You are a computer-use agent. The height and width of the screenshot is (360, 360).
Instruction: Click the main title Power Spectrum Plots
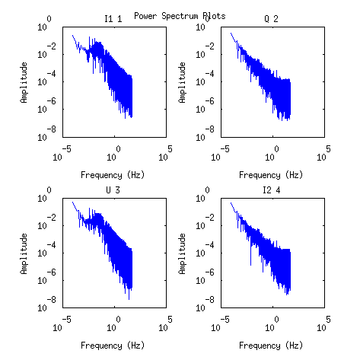pos(180,16)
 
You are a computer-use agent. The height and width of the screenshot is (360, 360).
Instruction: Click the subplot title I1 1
pos(113,19)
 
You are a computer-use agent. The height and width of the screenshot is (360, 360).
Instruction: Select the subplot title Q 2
pos(271,19)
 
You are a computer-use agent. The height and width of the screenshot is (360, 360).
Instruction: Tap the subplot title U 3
pos(113,190)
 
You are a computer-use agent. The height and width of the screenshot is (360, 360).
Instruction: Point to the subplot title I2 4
pos(271,190)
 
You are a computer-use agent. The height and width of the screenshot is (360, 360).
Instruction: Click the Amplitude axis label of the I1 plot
pos(24,83)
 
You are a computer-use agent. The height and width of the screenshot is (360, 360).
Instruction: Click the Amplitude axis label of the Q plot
pos(182,83)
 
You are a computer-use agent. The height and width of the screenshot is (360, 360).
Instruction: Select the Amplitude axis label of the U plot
pos(24,253)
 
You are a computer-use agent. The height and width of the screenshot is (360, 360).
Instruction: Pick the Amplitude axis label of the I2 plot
pos(182,253)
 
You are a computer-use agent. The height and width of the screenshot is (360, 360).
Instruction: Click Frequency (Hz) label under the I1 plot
pos(113,175)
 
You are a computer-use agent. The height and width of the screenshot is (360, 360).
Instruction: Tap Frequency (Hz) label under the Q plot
pos(271,175)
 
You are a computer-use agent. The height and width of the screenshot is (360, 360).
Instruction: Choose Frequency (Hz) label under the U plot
pos(113,346)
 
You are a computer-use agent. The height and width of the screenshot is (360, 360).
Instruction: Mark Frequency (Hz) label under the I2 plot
pos(271,346)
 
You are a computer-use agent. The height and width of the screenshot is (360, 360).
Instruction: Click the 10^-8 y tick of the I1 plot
pos(47,134)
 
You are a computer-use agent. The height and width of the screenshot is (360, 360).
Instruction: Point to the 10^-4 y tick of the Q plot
pos(205,78)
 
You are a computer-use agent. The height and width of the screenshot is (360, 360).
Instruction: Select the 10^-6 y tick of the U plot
pos(47,277)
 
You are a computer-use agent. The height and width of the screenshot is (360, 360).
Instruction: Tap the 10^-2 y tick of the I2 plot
pos(205,222)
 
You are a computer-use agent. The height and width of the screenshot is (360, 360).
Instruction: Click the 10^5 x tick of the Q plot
pos(323,154)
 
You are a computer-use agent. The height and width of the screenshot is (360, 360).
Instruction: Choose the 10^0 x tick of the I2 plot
pos(272,324)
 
